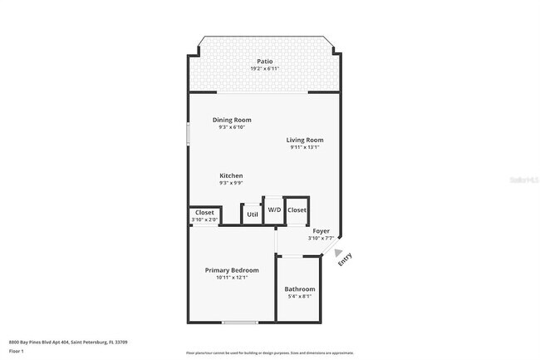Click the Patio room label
tap(263, 61)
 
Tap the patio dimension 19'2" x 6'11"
tap(263, 68)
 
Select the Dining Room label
tap(231, 120)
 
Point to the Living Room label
tap(305, 140)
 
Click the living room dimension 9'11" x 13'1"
tap(305, 148)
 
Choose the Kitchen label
tap(231, 175)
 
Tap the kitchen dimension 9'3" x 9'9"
tap(231, 184)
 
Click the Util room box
tap(252, 214)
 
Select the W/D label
tap(274, 210)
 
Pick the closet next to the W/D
tap(297, 210)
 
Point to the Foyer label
tap(321, 230)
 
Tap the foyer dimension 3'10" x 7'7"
tap(321, 239)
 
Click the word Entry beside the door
tap(345, 259)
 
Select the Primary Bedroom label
tap(232, 270)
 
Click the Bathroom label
tap(299, 288)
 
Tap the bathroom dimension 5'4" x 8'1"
tap(299, 297)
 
